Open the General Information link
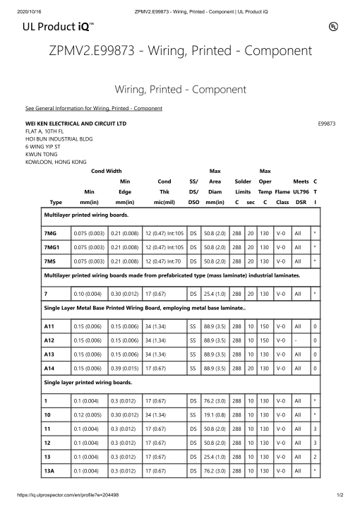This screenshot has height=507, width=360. (94, 108)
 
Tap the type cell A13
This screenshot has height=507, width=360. (50, 355)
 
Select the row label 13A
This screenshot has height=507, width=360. (49, 470)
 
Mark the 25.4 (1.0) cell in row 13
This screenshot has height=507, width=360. (213, 455)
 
